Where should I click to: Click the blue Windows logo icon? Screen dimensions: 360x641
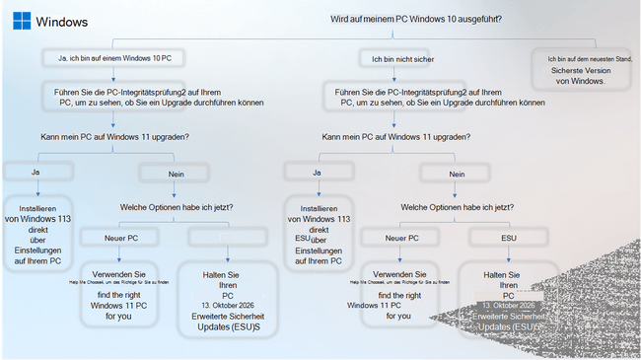coord(21,21)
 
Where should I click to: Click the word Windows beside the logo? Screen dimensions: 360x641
coord(61,22)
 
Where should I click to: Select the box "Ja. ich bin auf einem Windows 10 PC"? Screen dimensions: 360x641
coord(113,59)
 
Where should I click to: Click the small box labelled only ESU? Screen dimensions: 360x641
coord(509,238)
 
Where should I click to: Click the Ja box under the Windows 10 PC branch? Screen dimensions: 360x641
coord(34,172)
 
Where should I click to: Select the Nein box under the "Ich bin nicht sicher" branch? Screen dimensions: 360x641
coord(458,174)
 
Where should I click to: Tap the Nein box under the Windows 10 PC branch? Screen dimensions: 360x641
coord(170,174)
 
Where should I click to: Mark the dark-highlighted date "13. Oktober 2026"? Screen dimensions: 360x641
coord(509,307)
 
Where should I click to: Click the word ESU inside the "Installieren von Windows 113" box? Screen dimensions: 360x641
coord(302,237)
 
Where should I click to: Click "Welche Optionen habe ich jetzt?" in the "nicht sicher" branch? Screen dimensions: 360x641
coord(456,207)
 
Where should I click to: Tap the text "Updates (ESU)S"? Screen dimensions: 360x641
coord(228,326)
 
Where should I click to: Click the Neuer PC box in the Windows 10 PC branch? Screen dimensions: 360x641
coord(121,238)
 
